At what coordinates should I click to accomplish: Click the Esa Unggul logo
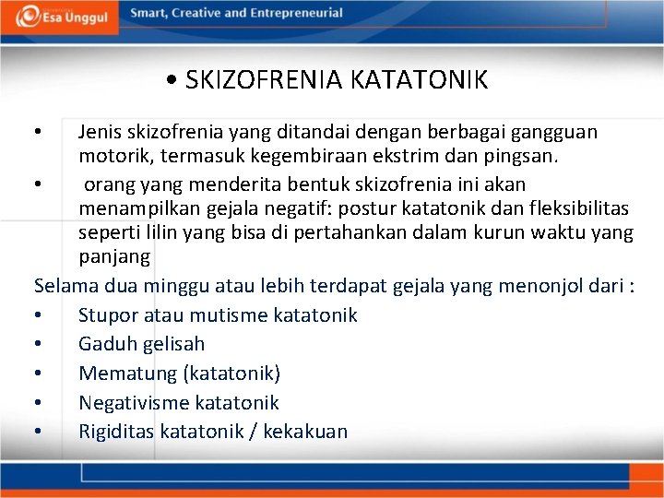(x=61, y=16)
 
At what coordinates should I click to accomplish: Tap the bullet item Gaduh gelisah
(x=141, y=344)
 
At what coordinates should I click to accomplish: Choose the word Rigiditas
(x=116, y=431)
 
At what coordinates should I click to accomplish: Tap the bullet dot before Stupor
(x=37, y=315)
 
